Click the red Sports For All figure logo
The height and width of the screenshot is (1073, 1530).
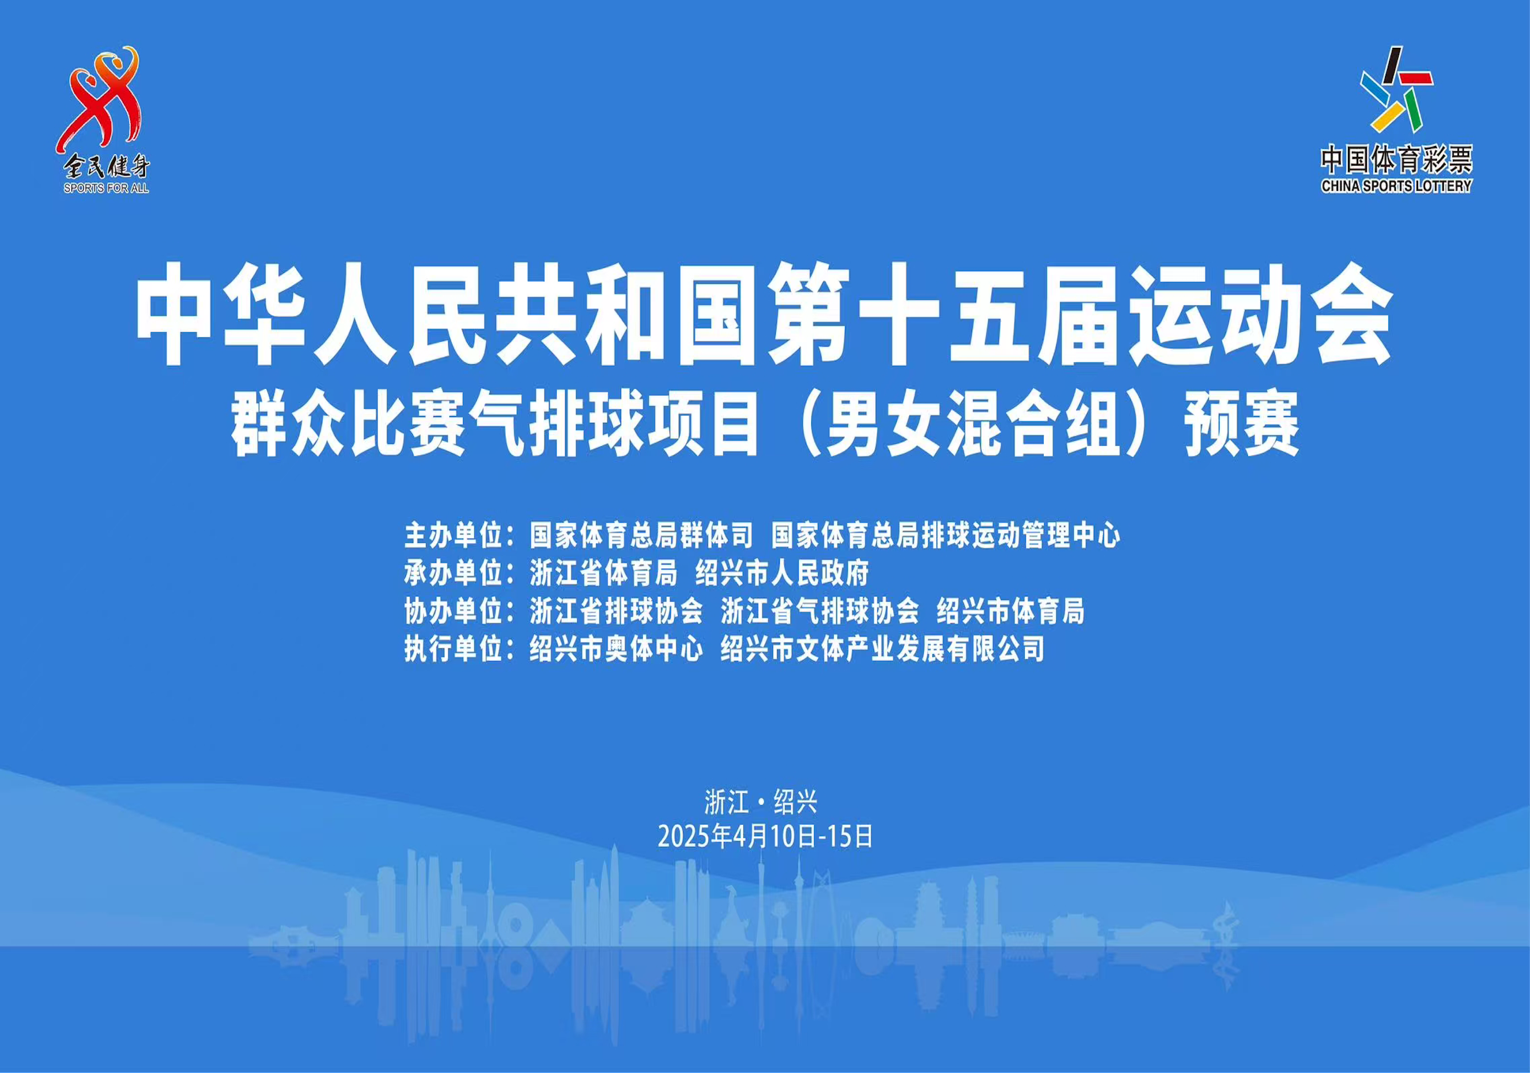coord(100,100)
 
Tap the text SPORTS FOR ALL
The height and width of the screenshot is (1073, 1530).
coord(106,188)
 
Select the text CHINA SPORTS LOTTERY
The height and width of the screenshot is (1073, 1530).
coord(1396,187)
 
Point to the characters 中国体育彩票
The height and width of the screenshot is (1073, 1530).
coord(1396,160)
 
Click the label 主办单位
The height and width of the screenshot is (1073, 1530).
coord(453,535)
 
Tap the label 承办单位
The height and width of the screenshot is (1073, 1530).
coord(453,574)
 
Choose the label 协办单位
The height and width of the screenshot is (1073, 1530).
coord(453,611)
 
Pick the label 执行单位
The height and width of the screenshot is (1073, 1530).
coord(453,650)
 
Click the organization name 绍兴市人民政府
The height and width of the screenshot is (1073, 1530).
coord(782,574)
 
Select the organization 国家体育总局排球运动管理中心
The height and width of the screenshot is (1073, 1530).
coord(945,535)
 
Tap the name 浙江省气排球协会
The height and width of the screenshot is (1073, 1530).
coord(820,611)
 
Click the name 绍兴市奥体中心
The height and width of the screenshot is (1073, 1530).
coord(617,650)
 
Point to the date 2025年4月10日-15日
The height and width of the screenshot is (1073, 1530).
coord(765,837)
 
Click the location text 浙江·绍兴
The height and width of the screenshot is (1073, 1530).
coord(760,802)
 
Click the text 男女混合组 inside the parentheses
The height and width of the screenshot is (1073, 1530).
coord(972,424)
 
